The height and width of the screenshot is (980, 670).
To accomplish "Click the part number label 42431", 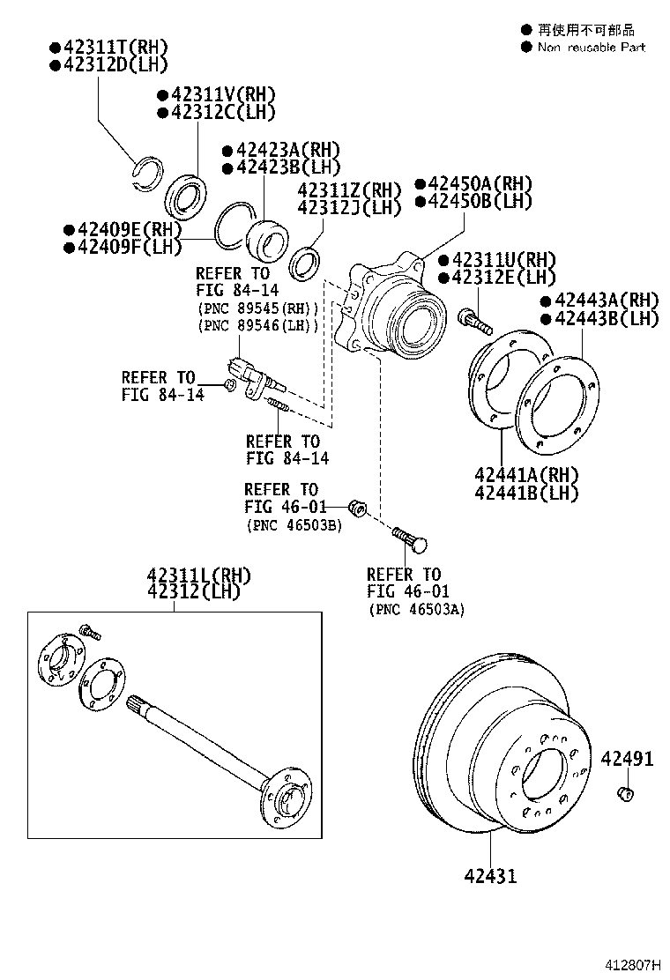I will tap(491, 875).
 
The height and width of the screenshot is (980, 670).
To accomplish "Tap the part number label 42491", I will tap(628, 758).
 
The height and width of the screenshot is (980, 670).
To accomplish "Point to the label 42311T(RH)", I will tap(114, 47).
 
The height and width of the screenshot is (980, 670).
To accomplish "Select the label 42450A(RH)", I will tap(480, 183).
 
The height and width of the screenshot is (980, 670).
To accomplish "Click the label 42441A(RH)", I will tap(526, 474).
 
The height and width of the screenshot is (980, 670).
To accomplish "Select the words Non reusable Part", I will tap(592, 48).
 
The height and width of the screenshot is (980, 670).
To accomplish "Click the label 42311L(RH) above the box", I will tap(198, 575).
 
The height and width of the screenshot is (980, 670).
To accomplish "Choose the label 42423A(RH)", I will tap(287, 150).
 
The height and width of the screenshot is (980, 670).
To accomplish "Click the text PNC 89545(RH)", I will tap(257, 308).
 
